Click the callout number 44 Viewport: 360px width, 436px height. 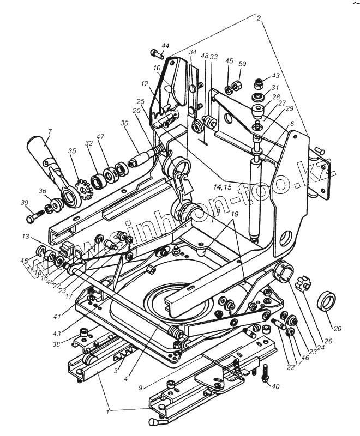coord(165,45)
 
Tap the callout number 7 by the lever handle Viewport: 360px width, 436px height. coord(49,131)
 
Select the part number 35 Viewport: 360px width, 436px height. coord(72,150)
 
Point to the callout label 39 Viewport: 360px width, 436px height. coord(24,203)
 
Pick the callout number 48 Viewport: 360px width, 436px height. coord(205,56)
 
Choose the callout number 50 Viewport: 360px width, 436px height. coord(242,64)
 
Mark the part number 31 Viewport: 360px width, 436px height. coord(275,88)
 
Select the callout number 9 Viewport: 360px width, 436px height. coord(141,387)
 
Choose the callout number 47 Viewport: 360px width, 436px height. coord(100,137)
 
